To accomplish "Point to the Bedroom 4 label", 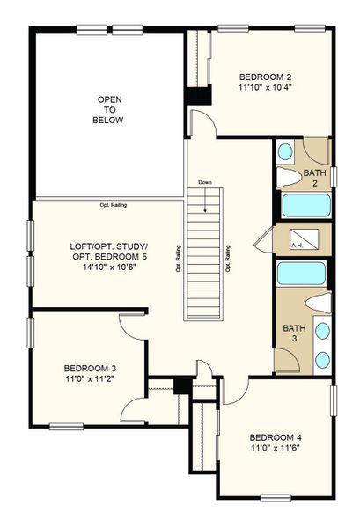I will point(276,437).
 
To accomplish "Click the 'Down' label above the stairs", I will point(205,183).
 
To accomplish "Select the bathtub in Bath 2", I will point(305,207).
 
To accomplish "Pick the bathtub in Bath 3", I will point(302,273).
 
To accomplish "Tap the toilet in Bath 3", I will point(320,304).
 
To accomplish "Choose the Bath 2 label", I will point(315,179).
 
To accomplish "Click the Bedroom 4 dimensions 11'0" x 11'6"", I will point(276,449).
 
